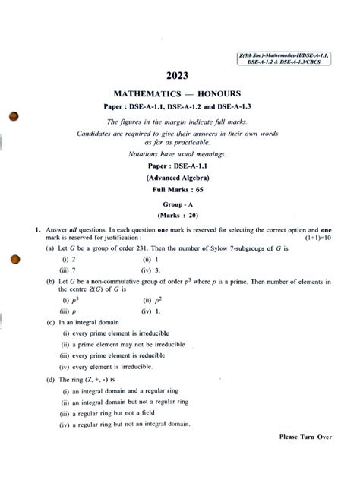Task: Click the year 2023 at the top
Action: (181, 77)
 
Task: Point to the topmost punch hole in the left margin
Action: (11, 118)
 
